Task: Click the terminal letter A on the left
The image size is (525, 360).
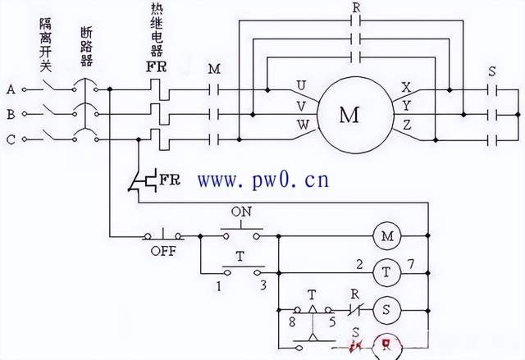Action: pos(11,87)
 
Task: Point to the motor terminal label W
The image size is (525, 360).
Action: pos(302,125)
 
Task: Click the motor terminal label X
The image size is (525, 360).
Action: pos(405,86)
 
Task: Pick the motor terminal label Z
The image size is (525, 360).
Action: pos(405,125)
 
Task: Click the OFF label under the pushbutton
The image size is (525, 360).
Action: pos(162,252)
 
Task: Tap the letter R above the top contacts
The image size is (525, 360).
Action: pos(355,7)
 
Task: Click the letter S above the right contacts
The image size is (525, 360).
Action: pos(491,71)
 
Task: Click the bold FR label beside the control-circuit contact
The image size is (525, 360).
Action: pos(170,180)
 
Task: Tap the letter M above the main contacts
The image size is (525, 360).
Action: pos(215,70)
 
